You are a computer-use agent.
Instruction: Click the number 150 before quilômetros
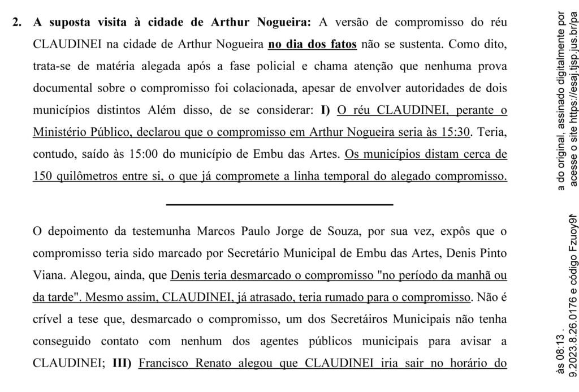[x=44, y=176]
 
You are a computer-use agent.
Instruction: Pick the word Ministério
[x=59, y=132]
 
